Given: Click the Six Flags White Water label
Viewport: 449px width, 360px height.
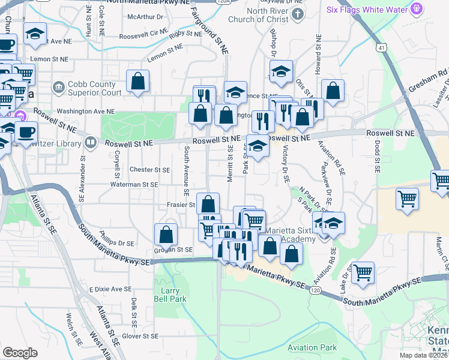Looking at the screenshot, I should [x=367, y=10].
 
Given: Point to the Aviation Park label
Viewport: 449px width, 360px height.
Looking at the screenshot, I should [x=312, y=347].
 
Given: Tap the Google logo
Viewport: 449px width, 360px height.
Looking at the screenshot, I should [x=20, y=353].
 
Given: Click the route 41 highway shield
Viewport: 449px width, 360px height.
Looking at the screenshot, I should [x=382, y=46].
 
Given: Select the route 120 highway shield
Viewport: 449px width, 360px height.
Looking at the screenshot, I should [x=315, y=290].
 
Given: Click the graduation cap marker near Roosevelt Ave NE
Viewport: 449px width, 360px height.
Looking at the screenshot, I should [x=35, y=34].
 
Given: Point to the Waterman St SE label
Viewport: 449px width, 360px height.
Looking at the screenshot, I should [x=134, y=185].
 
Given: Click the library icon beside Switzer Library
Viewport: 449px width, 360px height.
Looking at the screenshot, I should [x=91, y=142].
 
